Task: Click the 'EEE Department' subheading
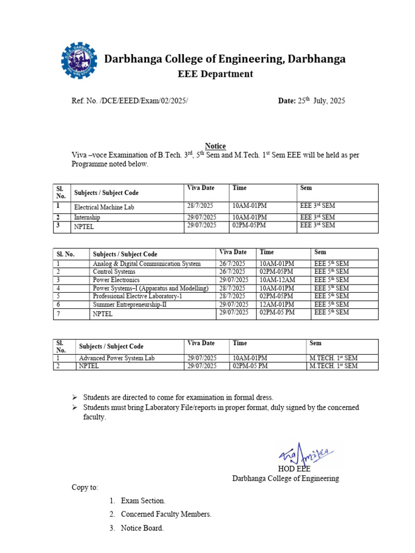(215, 74)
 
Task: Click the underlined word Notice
(215, 146)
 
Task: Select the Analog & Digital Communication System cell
(146, 264)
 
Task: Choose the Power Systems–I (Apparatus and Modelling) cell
(150, 288)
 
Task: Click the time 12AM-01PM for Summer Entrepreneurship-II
(278, 305)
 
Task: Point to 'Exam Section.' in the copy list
(143, 501)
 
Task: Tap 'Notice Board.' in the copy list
(142, 528)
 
